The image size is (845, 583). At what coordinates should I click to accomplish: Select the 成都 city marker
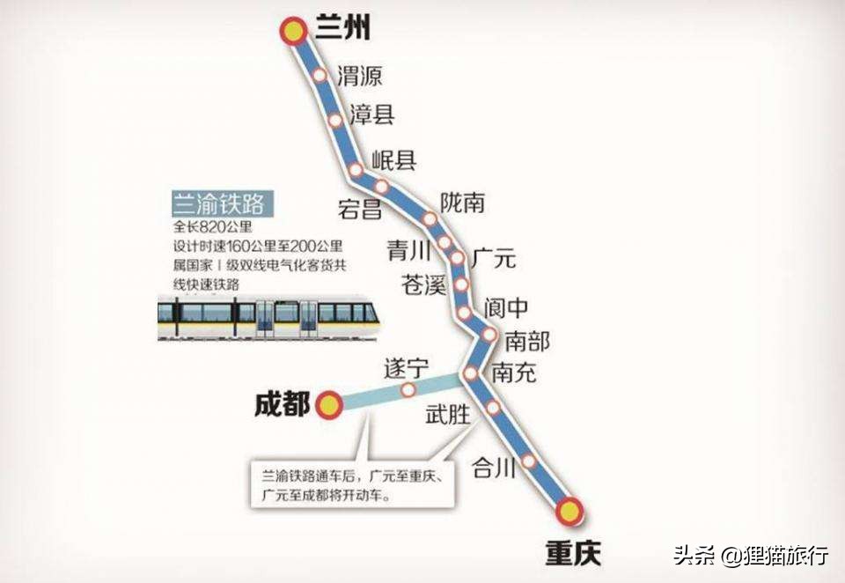329,405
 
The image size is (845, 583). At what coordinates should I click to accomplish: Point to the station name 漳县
371,114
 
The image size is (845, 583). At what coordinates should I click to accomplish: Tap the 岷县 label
393,159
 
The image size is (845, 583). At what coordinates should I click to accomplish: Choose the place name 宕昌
359,209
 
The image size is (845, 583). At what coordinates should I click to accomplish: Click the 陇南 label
463,203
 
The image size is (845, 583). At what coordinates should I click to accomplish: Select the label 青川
408,252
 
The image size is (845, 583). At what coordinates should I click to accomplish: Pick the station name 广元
494,260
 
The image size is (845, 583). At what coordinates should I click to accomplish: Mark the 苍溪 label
424,285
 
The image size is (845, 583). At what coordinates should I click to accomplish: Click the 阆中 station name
506,307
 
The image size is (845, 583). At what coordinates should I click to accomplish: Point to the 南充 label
514,373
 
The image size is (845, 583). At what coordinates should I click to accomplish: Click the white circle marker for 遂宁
408,389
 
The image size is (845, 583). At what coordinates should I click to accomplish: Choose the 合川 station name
493,468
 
